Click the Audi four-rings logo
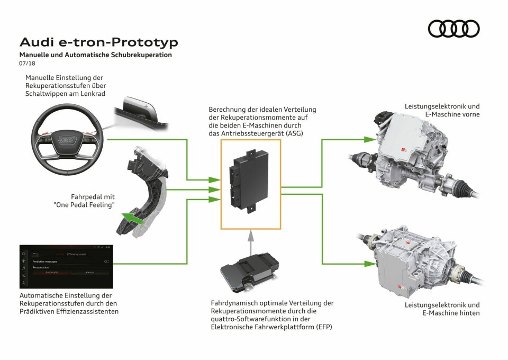[453, 29]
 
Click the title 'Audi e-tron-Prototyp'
[98, 42]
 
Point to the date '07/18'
[26, 64]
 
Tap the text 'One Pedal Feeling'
[85, 205]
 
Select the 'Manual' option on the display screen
[89, 272]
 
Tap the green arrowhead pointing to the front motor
[369, 139]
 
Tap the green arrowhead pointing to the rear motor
[369, 263]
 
